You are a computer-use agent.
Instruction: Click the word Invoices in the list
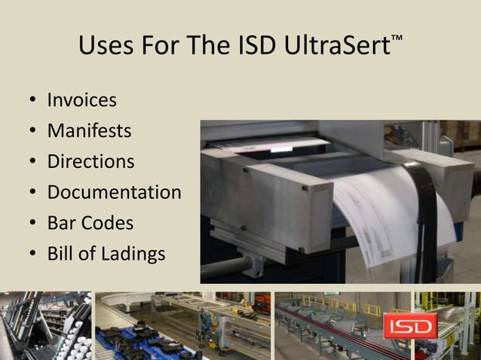coord(81,100)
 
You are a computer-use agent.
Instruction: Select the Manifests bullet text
coord(89,131)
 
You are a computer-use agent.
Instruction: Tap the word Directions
coord(90,162)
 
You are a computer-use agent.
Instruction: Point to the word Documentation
coord(114,192)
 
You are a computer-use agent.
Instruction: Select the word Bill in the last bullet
coord(62,255)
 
